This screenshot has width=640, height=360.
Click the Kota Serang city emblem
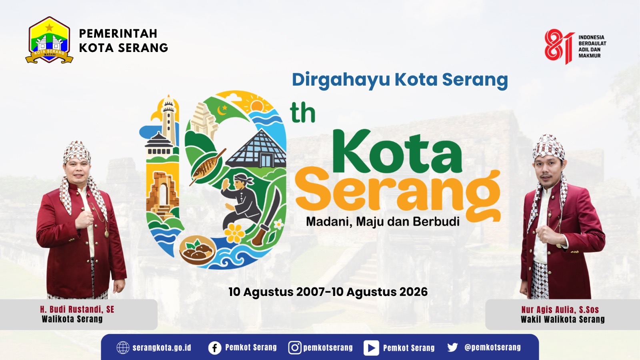[49, 40]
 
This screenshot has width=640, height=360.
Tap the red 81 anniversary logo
[559, 46]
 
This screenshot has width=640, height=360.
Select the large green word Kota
[397, 152]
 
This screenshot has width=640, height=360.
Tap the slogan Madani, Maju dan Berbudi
[382, 222]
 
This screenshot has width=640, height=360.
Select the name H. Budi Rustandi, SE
[77, 310]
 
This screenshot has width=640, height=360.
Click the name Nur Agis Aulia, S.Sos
[560, 310]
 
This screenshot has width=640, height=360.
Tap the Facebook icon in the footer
[214, 348]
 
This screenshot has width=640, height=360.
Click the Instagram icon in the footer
[294, 348]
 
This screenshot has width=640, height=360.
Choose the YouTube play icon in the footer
[371, 348]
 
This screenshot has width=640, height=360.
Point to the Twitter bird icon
[452, 348]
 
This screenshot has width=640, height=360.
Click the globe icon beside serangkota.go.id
[123, 348]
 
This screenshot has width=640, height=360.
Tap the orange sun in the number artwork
[256, 106]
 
